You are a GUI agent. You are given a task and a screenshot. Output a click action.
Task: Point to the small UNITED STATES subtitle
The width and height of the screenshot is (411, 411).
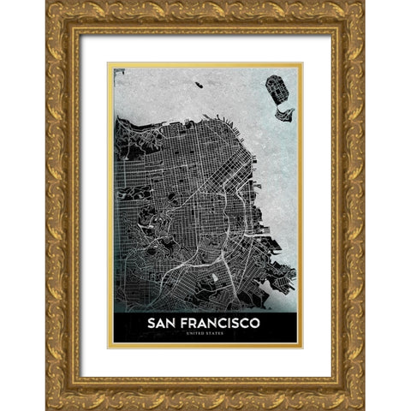click(x=205, y=335)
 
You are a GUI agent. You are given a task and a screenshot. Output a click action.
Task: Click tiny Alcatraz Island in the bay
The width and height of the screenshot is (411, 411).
click(x=199, y=85)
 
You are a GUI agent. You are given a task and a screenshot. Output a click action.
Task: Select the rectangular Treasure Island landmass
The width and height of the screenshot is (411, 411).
click(x=275, y=86)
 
